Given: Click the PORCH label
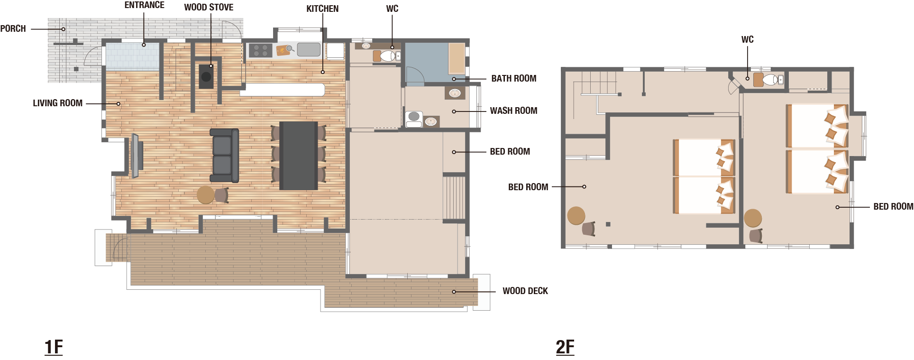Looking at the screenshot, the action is point(13,28).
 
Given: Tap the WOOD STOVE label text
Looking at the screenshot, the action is point(209,7).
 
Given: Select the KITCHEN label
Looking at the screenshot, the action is point(322,9).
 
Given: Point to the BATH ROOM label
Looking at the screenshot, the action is point(514,78).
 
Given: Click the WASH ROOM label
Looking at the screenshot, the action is point(513,111).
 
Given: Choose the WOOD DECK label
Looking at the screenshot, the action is point(525,291).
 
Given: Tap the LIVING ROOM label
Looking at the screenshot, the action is point(57,103).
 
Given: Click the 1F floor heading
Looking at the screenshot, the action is point(54,347).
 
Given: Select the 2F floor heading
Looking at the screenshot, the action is point(565,347).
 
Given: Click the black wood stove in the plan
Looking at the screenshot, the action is point(206,76).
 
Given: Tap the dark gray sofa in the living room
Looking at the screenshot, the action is point(224,156).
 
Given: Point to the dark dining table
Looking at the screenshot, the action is point(298,156).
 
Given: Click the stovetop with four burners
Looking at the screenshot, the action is point(261,50).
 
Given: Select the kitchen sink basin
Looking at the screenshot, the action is point(309,49).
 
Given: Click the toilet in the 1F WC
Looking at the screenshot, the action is point(387,56).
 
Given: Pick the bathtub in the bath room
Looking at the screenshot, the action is point(457,58).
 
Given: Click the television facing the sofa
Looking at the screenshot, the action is point(135,156).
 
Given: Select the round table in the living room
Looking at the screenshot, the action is point(206,194).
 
